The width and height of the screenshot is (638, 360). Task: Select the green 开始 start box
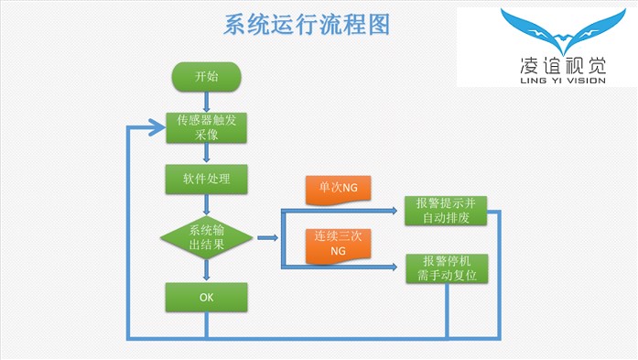coord(207,77)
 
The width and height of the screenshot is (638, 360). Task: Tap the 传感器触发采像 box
coord(207,127)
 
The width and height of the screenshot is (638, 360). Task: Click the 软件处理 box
coord(207,179)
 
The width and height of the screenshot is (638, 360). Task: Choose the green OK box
coord(207,297)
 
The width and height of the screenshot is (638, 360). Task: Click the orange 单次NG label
coord(338,188)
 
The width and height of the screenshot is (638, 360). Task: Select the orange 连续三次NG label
coord(338,243)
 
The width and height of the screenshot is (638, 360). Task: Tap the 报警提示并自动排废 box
coord(446,211)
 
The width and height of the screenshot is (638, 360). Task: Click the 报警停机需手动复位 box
coord(446,267)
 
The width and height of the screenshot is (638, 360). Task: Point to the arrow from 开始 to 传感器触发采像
coord(207,101)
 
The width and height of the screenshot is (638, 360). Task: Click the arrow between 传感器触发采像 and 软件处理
coord(207,154)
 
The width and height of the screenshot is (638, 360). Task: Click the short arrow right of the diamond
coord(267,238)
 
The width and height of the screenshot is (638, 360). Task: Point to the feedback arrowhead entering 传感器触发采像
coord(157,127)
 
